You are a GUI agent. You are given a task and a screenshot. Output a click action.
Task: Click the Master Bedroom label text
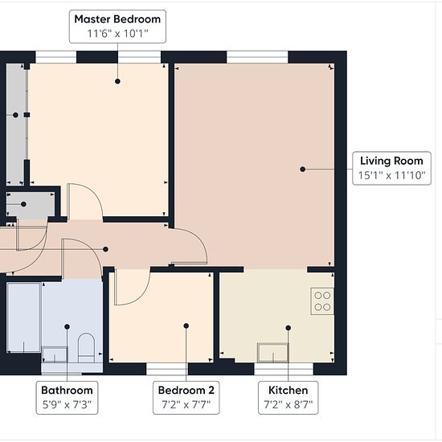117,19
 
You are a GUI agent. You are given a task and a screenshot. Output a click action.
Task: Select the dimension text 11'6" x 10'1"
117,34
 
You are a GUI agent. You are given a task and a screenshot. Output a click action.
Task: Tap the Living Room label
391,161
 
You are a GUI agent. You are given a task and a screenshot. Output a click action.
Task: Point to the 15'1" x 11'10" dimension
391,175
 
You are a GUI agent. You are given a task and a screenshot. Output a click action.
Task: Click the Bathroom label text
67,391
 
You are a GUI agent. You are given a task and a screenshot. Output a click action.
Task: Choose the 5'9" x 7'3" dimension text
67,405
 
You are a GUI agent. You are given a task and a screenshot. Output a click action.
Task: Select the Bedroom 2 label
186,391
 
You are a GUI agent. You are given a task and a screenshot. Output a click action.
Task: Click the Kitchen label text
288,391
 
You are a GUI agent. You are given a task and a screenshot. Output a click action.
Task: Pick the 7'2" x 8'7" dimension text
288,405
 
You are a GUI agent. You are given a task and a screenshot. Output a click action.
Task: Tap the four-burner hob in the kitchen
322,301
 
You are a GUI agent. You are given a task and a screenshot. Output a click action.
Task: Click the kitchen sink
273,352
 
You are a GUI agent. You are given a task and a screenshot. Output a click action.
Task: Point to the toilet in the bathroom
86,347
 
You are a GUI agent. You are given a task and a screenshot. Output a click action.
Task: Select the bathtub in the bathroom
23,317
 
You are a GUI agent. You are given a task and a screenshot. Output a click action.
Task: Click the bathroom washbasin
55,354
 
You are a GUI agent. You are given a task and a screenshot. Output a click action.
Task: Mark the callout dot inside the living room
303,169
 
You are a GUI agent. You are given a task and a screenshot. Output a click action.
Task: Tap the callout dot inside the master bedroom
117,81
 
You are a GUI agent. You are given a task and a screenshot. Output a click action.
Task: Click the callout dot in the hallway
105,249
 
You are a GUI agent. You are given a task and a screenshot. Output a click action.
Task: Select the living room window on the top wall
257,57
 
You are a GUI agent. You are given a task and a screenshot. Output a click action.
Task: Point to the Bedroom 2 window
167,369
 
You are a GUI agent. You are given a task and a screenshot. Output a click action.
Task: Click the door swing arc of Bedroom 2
138,297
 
